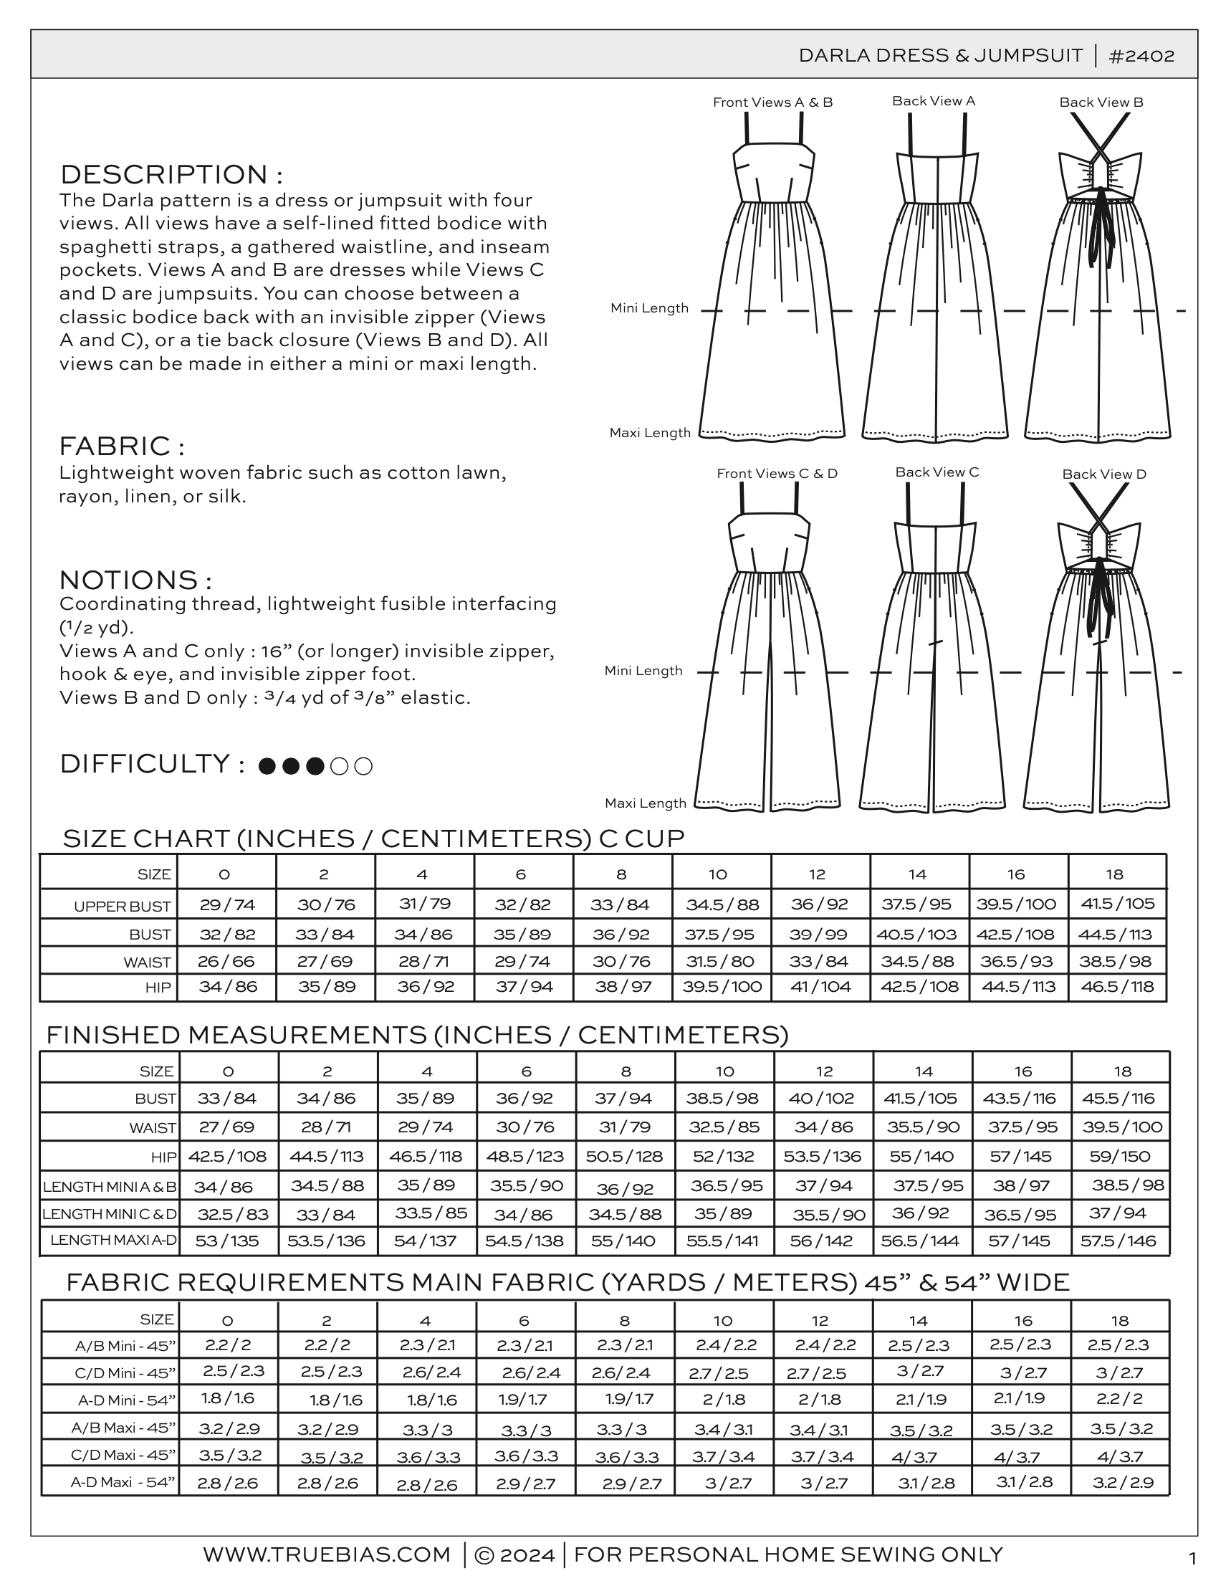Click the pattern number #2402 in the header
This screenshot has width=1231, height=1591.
point(1141,56)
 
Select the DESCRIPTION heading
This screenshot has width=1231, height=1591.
point(171,175)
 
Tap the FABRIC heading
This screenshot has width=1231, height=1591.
point(122,446)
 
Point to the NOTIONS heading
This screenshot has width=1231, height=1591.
point(135,580)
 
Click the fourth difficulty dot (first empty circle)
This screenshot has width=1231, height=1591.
point(339,766)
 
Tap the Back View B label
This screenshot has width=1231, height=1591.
point(1101,102)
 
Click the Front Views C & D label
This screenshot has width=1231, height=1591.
point(777,474)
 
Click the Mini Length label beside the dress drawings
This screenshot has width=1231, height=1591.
point(649,308)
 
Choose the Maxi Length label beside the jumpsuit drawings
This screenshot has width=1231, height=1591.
point(646,803)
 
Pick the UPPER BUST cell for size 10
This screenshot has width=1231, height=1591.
point(722,904)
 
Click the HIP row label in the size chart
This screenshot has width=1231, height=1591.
point(158,988)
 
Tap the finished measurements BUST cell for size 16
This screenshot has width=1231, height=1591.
point(1022,1098)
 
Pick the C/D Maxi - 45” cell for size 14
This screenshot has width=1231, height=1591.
point(919,1457)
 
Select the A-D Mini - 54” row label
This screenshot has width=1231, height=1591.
point(127,1400)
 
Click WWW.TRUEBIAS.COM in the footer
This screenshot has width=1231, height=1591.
point(326,1554)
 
